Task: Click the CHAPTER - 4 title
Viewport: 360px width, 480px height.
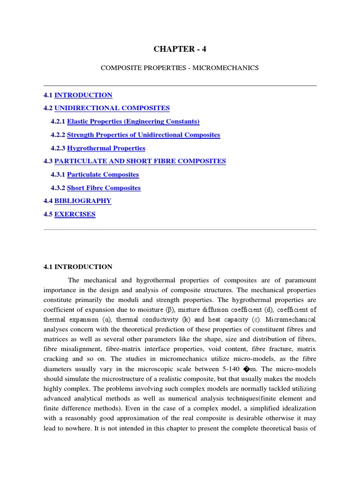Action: (180, 49)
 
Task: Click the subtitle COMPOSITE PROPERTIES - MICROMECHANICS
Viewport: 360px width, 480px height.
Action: (180, 68)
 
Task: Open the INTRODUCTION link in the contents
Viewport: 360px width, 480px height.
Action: (83, 95)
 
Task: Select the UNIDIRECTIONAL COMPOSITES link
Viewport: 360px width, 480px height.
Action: (112, 108)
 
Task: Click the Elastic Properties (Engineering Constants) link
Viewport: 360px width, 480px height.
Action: (133, 121)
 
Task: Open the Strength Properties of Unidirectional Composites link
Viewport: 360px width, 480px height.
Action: (143, 135)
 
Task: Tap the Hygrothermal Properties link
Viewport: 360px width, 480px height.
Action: (106, 148)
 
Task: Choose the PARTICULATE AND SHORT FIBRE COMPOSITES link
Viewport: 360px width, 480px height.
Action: (140, 161)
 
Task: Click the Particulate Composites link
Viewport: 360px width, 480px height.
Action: (103, 174)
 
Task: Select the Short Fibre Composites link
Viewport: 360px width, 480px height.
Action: (104, 188)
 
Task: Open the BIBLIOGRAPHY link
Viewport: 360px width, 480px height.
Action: (83, 201)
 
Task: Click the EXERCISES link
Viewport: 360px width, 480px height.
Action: (75, 214)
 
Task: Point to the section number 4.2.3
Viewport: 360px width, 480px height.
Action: (58, 148)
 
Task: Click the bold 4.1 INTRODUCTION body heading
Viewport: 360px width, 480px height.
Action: (78, 267)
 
